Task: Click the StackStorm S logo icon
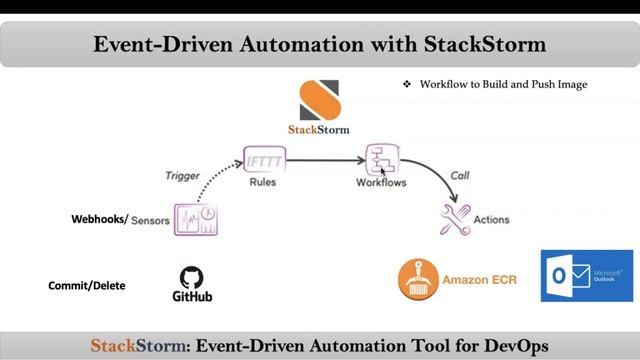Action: click(x=318, y=99)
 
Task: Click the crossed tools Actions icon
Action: click(x=455, y=217)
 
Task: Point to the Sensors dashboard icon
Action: click(x=196, y=219)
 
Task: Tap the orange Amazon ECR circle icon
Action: click(x=418, y=279)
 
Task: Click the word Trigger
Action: click(x=183, y=175)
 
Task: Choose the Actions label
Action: click(x=492, y=220)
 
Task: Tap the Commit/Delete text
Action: click(x=87, y=286)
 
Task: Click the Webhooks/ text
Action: click(x=100, y=219)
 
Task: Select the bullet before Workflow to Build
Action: click(x=407, y=85)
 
